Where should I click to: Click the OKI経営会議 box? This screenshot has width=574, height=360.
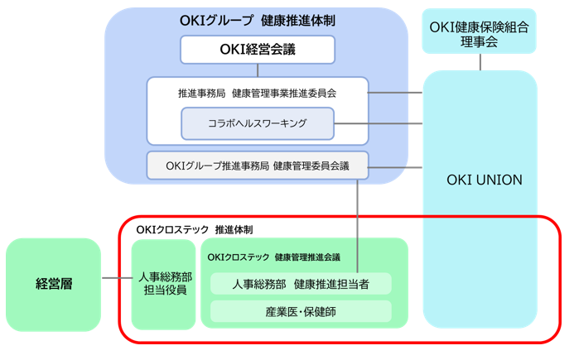click(x=258, y=50)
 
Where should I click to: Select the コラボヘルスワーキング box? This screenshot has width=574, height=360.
click(x=258, y=123)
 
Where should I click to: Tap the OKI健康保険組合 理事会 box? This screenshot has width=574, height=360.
click(x=480, y=31)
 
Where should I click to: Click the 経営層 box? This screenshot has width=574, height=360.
click(x=54, y=285)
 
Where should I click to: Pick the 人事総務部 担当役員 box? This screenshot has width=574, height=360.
click(x=164, y=284)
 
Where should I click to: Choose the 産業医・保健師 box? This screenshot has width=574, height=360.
click(x=301, y=312)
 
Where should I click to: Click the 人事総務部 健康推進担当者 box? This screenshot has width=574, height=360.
click(x=301, y=284)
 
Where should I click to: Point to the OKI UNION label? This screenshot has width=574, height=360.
click(x=485, y=180)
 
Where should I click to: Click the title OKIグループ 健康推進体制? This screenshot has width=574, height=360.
click(x=258, y=21)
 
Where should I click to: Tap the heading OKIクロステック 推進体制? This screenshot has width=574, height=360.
click(x=195, y=230)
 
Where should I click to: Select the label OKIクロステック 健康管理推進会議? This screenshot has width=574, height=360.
click(x=274, y=257)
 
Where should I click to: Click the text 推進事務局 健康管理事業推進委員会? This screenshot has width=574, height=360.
click(x=258, y=94)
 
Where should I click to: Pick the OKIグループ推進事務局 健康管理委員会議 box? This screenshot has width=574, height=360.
click(x=258, y=166)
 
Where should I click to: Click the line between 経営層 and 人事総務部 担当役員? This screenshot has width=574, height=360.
click(x=117, y=278)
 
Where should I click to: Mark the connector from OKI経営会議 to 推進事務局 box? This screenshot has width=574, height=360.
click(x=258, y=70)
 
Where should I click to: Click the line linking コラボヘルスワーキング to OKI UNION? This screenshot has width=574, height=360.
click(x=379, y=123)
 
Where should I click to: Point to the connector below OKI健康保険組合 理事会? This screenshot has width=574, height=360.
click(x=480, y=62)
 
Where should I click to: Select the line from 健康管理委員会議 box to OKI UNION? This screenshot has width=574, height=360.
click(x=395, y=167)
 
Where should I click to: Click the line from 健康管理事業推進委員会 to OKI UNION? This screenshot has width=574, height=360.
click(x=395, y=93)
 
